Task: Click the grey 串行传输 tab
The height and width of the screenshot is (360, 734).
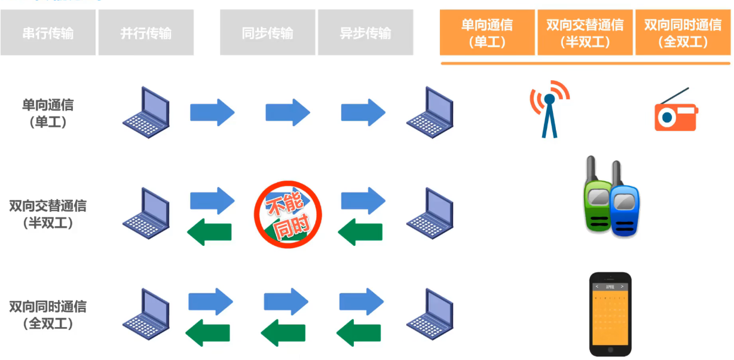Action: (48, 33)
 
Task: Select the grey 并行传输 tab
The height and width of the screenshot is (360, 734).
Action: (146, 33)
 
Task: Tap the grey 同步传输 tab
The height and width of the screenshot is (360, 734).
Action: (268, 33)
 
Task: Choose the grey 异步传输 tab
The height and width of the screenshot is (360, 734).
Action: (365, 33)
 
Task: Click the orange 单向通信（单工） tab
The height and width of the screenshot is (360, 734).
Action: (487, 33)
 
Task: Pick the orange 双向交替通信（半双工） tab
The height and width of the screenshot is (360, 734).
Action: (585, 33)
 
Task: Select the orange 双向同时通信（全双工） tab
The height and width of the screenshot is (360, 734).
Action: (683, 33)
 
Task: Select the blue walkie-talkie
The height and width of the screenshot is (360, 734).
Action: (624, 209)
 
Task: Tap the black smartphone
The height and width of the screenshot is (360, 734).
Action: (610, 314)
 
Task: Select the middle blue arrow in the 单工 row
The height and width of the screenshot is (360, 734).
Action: (288, 112)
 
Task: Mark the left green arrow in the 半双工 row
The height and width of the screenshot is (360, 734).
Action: (210, 232)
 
